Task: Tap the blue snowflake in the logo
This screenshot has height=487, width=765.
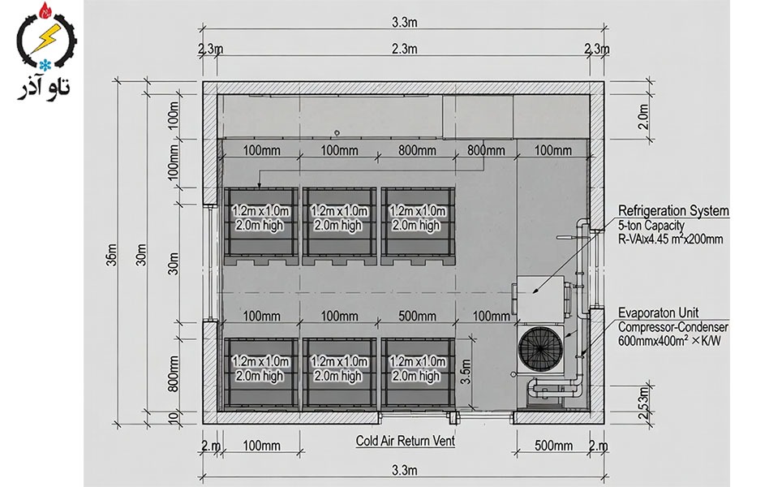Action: (47, 64)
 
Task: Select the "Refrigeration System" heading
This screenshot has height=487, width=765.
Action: (673, 211)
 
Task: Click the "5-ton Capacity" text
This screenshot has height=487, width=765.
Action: (651, 226)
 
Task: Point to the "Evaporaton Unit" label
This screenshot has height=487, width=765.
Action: (658, 312)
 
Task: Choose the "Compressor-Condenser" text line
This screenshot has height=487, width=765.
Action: (673, 327)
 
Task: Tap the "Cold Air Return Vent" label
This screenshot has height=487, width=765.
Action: (405, 441)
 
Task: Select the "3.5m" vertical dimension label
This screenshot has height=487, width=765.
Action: (466, 372)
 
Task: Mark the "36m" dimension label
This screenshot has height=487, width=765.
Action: (112, 254)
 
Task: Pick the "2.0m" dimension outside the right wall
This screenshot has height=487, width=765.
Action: (644, 117)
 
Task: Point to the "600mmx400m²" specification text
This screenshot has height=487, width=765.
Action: (651, 340)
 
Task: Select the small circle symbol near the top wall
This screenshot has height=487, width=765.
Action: (337, 133)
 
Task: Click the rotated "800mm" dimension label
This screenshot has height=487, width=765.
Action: (174, 374)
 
